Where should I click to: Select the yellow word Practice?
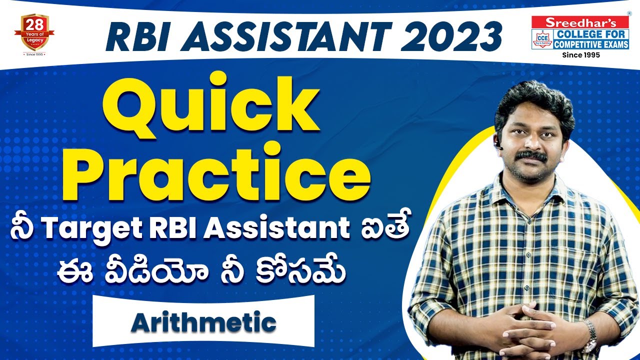(223, 170)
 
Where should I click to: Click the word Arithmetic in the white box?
(203, 322)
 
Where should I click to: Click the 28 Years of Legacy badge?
(34, 32)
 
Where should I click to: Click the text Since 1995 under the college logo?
(581, 55)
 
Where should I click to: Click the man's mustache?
(530, 156)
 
